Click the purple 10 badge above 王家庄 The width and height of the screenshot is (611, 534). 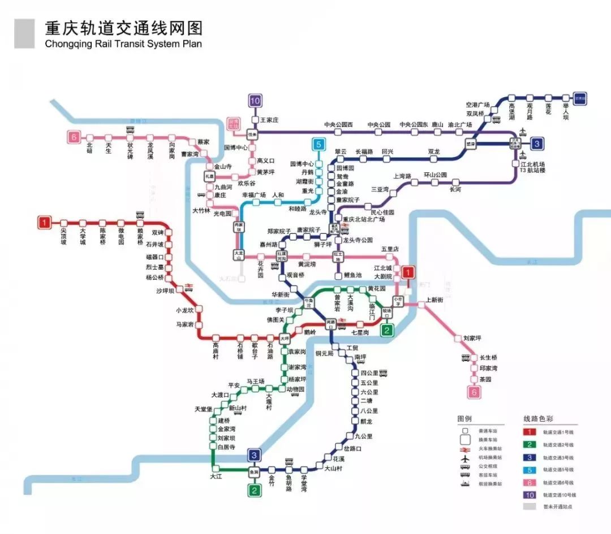pyautogui.click(x=255, y=101)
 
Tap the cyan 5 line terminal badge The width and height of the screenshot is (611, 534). pyautogui.click(x=319, y=145)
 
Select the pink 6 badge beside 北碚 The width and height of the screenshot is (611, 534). pyautogui.click(x=73, y=137)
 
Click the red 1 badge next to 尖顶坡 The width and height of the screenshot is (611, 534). pyautogui.click(x=44, y=223)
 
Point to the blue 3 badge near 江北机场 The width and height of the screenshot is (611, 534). pyautogui.click(x=537, y=144)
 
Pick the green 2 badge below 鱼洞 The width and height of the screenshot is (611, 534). pyautogui.click(x=255, y=490)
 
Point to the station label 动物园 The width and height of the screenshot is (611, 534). pyautogui.click(x=296, y=389)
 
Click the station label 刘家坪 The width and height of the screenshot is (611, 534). pyautogui.click(x=472, y=338)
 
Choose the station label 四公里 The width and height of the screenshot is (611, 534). pyautogui.click(x=369, y=373)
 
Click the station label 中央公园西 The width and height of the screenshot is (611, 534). pyautogui.click(x=338, y=124)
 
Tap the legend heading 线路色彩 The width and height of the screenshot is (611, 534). pyautogui.click(x=537, y=419)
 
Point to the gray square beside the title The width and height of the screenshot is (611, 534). pyautogui.click(x=24, y=33)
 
